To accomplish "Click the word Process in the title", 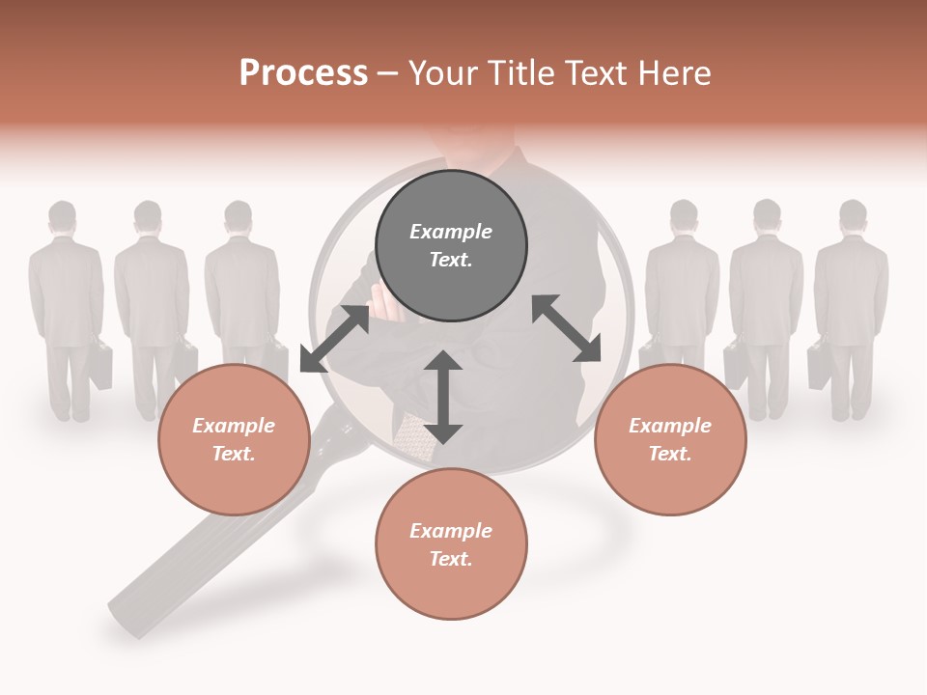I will point(303,73).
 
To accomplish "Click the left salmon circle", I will point(234,439).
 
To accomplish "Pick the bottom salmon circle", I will point(451,544).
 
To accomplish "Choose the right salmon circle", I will point(670,439).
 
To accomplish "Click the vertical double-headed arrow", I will point(443,397).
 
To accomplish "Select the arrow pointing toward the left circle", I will point(334,339).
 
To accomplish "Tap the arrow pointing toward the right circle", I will point(567,328).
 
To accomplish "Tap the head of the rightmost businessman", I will point(853,214).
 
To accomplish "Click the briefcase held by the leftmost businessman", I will point(99,364).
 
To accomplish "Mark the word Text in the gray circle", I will point(451,261).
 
